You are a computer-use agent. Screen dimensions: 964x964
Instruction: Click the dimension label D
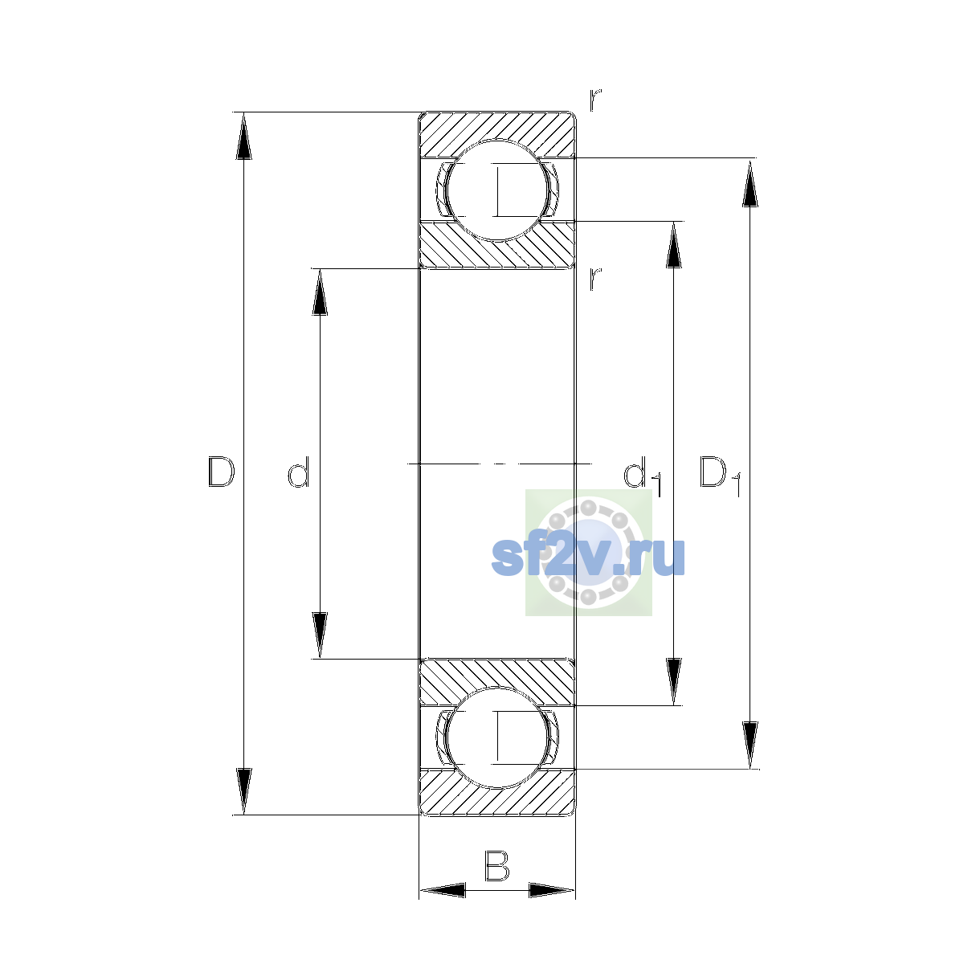pyautogui.click(x=221, y=472)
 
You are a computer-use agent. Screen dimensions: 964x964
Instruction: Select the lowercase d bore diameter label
pyautogui.click(x=299, y=472)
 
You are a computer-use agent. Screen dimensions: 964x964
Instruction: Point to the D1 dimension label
pyautogui.click(x=720, y=476)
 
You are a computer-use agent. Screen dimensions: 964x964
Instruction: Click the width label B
pyautogui.click(x=496, y=865)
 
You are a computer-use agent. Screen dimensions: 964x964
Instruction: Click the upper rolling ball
pyautogui.click(x=496, y=190)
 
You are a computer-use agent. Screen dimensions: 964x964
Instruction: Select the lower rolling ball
pyautogui.click(x=496, y=737)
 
